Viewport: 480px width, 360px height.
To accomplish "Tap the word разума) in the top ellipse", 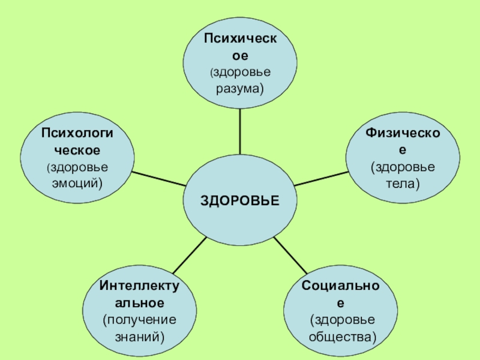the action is pyautogui.click(x=240, y=88).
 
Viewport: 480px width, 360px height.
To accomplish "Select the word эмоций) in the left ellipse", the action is pyautogui.click(x=76, y=182).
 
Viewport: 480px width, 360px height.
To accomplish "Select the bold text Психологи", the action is pyautogui.click(x=76, y=131).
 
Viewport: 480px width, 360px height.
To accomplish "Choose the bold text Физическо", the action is pyautogui.click(x=403, y=131).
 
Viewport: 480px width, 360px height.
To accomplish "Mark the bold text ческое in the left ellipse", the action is pyautogui.click(x=76, y=148).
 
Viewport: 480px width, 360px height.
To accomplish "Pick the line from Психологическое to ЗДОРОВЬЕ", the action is pyautogui.click(x=159, y=179).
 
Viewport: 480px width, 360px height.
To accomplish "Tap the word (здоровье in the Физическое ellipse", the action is pyautogui.click(x=403, y=165).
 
